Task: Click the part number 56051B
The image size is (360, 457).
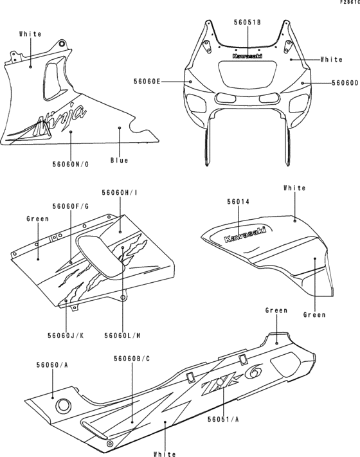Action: pos(247,22)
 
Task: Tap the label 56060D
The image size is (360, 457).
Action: pos(345,82)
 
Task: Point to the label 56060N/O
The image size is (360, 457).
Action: pos(71,165)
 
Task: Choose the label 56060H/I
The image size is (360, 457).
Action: pos(120,192)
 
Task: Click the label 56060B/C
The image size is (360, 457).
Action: pos(132,357)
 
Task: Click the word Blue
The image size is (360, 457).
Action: pos(119,160)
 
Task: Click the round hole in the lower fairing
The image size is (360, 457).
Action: pos(64,405)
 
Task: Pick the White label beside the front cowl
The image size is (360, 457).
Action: pos(332,59)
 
